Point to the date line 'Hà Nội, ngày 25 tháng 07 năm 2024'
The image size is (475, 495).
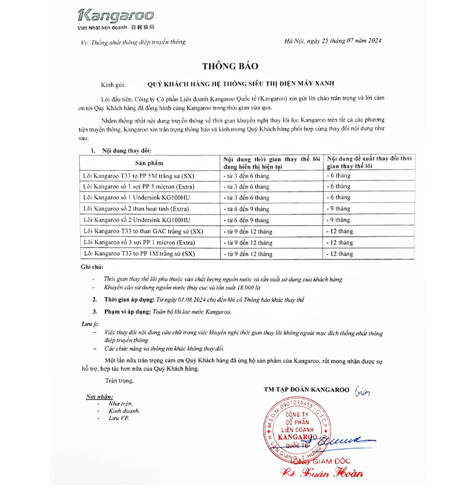tap(333, 41)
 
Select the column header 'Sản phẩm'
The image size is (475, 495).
tap(149, 163)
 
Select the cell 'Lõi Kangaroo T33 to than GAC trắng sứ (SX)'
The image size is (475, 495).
tap(143, 231)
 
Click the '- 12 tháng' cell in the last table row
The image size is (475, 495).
tap(341, 254)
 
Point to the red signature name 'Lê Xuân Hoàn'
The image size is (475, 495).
tap(321, 473)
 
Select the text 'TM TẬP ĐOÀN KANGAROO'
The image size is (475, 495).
tap(307, 389)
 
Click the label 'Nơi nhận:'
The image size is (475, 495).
tap(99, 396)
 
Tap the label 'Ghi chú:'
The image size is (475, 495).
tap(93, 268)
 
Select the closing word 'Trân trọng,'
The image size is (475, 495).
tap(119, 380)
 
